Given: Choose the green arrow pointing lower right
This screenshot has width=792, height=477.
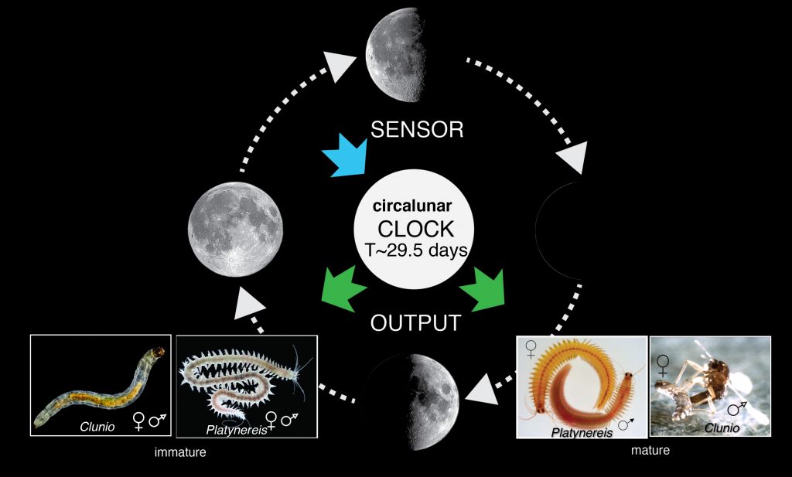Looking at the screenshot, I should (x=484, y=287).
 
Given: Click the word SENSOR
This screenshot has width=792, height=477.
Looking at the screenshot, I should (x=417, y=129).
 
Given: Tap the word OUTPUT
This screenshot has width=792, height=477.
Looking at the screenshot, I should (x=415, y=322).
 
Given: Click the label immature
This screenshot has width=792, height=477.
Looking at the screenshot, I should (x=180, y=452).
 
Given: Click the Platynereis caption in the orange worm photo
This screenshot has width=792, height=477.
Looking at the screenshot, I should (x=581, y=431).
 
